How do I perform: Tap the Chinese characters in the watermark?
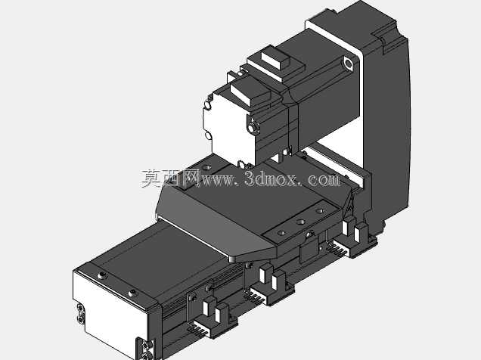point(171,178)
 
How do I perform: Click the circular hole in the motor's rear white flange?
point(348,64)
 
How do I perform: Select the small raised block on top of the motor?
point(275,60)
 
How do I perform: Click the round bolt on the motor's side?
point(253,126)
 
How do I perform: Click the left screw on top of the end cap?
point(102,276)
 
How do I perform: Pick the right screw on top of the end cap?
point(133,293)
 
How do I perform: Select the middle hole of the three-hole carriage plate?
point(300,222)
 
